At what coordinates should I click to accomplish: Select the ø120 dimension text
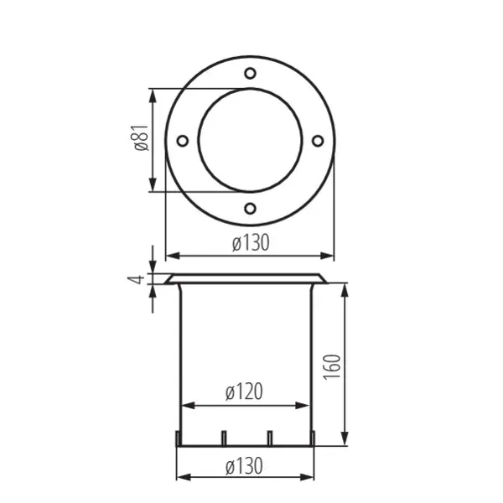click(x=244, y=391)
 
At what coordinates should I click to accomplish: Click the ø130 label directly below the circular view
click(x=249, y=243)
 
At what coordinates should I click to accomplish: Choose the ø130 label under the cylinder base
click(x=244, y=465)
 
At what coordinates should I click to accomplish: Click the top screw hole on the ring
click(x=250, y=74)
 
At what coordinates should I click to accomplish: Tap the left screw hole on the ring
click(x=182, y=141)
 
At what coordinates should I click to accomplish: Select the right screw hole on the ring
click(x=317, y=141)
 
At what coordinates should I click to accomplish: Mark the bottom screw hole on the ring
click(x=250, y=208)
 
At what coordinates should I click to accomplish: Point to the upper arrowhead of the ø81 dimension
click(x=153, y=94)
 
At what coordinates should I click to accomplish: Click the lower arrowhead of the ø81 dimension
click(x=153, y=187)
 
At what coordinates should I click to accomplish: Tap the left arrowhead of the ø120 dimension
click(x=186, y=406)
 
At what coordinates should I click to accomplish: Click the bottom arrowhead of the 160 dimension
click(x=344, y=439)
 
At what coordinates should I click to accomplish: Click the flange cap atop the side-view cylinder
click(x=246, y=278)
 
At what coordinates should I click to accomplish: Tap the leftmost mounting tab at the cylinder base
click(x=177, y=438)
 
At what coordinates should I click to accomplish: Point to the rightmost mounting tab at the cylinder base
click(x=314, y=438)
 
